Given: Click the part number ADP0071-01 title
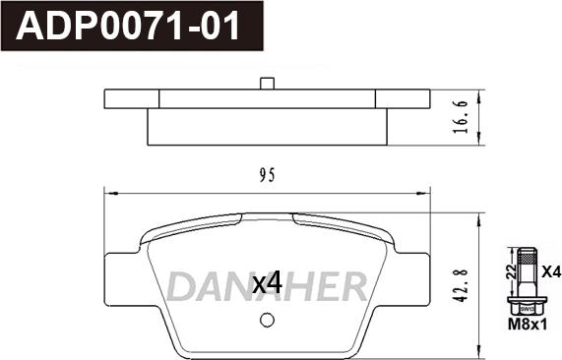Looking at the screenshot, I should [x=128, y=27].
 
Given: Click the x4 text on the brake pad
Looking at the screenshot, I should [x=267, y=283].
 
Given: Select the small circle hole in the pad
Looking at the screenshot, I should [x=266, y=321].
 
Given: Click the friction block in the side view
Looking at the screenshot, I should [x=266, y=125].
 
